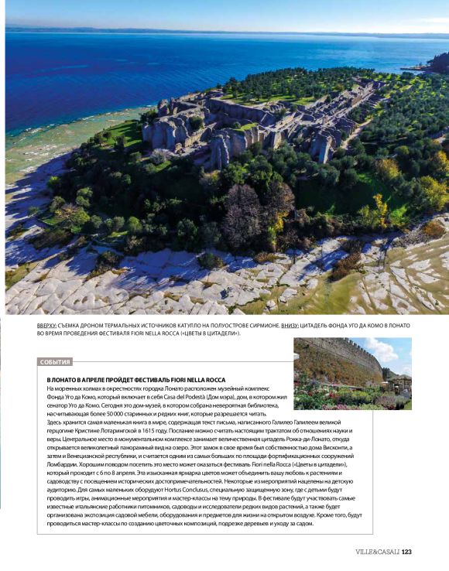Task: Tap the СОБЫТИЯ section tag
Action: tap(55, 361)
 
